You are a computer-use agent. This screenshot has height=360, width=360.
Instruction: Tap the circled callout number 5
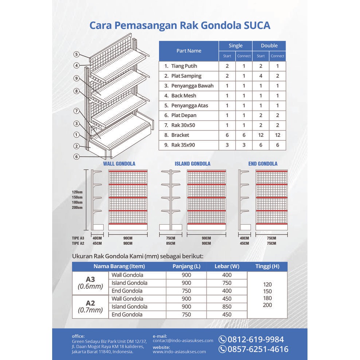pyautogui.click(x=76, y=54)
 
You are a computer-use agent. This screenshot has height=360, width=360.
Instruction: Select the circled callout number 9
pyautogui.click(x=76, y=78)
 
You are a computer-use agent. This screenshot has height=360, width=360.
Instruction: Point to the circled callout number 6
pyautogui.click(x=76, y=156)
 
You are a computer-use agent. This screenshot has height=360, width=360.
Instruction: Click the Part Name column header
pyautogui.click(x=189, y=51)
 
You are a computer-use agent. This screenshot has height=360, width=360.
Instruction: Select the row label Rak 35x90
pyautogui.click(x=183, y=145)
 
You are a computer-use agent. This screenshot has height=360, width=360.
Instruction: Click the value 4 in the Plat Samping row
pyautogui.click(x=261, y=76)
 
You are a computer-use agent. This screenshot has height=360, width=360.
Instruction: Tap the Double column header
pyautogui.click(x=269, y=46)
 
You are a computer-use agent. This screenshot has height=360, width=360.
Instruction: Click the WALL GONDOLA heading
pyautogui.click(x=119, y=164)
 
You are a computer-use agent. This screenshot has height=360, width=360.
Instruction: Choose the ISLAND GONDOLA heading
pyautogui.click(x=192, y=164)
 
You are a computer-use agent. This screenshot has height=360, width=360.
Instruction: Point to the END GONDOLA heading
pyautogui.click(x=263, y=164)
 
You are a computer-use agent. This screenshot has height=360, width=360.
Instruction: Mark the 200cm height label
pyautogui.click(x=77, y=208)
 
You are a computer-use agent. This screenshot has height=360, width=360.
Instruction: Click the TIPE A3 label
pyautogui.click(x=78, y=238)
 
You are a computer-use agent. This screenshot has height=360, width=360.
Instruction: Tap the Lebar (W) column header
pyautogui.click(x=227, y=266)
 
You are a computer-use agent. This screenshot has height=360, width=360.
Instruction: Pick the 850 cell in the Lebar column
pyautogui.click(x=227, y=307)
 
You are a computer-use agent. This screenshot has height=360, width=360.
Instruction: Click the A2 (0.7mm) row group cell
pyautogui.click(x=90, y=306)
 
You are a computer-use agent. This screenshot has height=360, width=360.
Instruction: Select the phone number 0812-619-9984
pyautogui.click(x=255, y=340)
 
